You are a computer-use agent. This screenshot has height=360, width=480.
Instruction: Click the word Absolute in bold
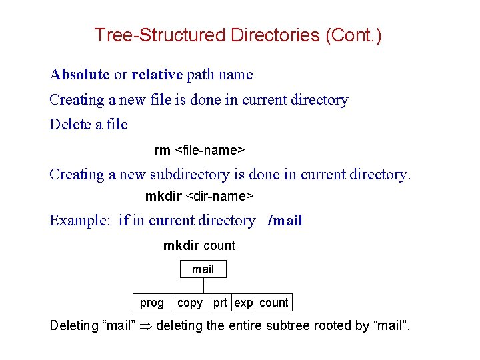click(x=79, y=75)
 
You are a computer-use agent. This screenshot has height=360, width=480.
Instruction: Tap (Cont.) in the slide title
click(x=353, y=35)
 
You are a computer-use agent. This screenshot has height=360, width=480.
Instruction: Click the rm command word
click(x=162, y=150)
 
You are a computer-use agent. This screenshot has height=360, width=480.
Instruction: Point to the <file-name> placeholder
click(x=209, y=150)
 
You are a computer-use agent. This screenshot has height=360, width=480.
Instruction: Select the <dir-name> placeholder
click(x=219, y=197)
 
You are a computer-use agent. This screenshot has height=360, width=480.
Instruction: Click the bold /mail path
click(x=285, y=221)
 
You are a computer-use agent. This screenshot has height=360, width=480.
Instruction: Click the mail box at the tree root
click(x=203, y=269)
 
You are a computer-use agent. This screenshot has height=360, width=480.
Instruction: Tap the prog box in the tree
click(x=152, y=303)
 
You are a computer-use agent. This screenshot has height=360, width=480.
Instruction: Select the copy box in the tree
click(x=190, y=303)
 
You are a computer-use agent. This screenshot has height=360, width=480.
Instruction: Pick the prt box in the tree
click(x=220, y=303)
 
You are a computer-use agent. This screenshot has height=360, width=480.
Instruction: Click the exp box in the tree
click(x=243, y=303)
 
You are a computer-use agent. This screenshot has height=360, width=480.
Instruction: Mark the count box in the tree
click(x=274, y=303)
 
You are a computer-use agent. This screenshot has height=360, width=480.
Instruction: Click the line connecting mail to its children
click(x=203, y=285)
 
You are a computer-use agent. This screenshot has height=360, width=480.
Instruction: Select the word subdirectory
click(x=189, y=175)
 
